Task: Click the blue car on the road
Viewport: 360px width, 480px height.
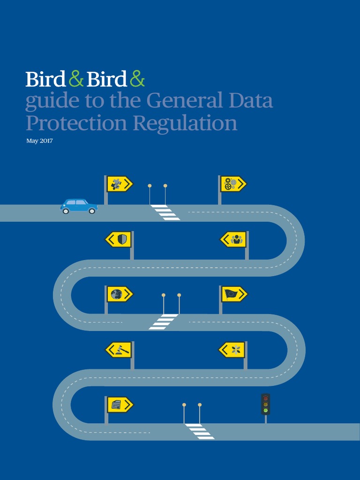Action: point(79,206)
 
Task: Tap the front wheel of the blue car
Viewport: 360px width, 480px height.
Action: point(92,211)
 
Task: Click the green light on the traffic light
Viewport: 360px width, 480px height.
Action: point(266,410)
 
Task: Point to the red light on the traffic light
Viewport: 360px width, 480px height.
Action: point(266,397)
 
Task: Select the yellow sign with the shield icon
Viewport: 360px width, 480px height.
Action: point(118,240)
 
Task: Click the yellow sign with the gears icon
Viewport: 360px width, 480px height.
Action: point(233,184)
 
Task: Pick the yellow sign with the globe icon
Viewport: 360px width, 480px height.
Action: point(120,294)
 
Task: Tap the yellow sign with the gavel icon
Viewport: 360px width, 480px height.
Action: point(119,349)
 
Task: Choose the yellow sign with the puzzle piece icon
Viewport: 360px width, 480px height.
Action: point(120,184)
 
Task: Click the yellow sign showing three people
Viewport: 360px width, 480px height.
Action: point(233,240)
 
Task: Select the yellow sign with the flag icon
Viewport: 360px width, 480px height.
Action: point(233,294)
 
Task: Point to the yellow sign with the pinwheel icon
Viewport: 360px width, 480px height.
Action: point(232,349)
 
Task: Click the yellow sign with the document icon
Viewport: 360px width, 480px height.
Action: point(120,405)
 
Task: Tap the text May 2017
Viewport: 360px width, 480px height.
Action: point(39,141)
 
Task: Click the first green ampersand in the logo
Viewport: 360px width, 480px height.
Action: point(75,79)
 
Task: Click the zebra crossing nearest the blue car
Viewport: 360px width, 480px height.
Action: point(165,212)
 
